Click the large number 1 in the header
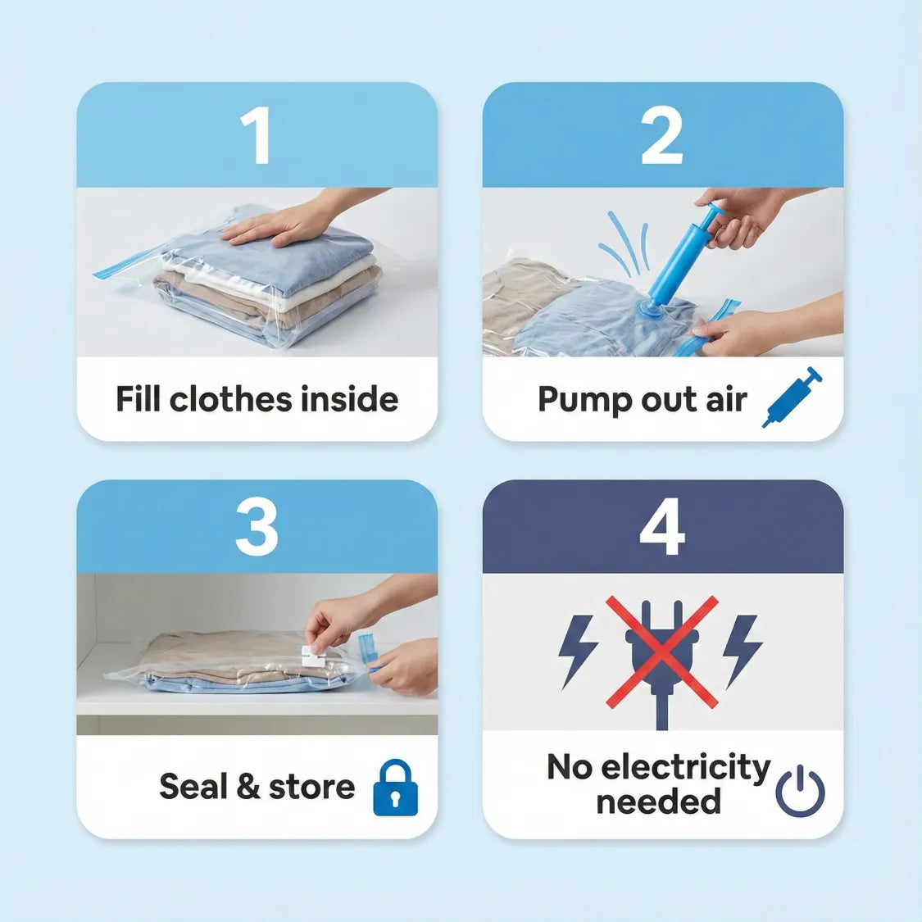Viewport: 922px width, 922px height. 257,136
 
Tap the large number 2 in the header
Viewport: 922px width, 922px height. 661,136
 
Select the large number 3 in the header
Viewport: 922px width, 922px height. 257,529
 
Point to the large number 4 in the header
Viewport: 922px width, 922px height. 661,529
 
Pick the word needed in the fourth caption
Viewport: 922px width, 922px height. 658,801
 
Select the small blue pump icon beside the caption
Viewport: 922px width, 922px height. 791,397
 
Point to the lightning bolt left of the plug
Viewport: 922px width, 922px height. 577,650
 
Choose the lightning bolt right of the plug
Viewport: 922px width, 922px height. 743,650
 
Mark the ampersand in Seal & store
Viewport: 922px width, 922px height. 248,787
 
